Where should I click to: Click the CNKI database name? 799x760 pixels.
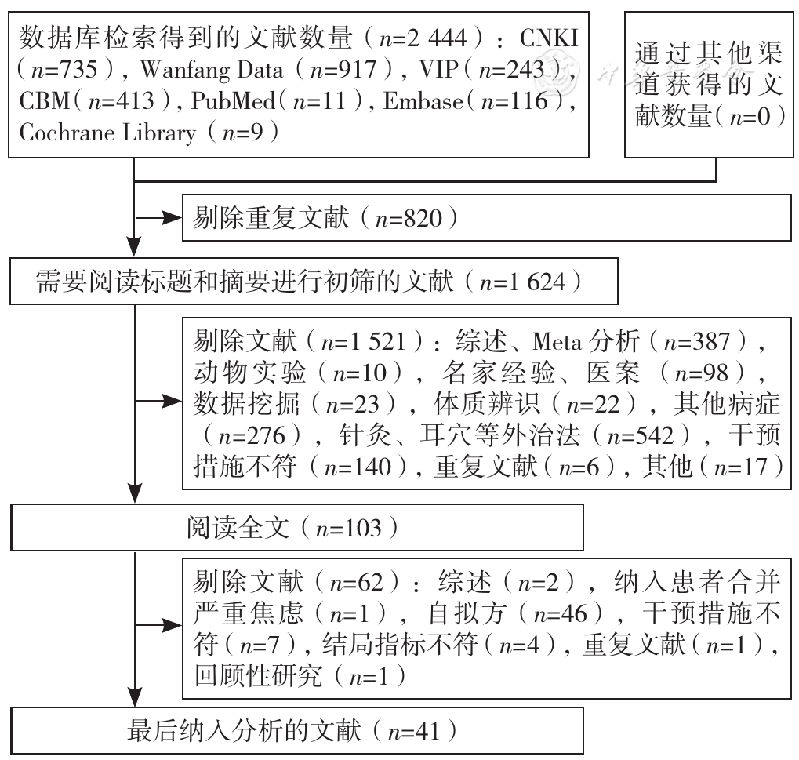[549, 38]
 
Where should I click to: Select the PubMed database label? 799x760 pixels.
[234, 101]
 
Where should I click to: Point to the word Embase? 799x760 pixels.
[423, 101]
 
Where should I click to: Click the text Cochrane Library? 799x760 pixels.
[107, 133]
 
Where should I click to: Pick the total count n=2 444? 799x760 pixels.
[423, 38]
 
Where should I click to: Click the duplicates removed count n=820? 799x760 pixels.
[409, 219]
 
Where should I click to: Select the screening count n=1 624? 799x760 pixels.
[523, 282]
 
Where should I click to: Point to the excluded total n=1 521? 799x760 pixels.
[363, 341]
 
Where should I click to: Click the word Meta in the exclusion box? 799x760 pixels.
[557, 341]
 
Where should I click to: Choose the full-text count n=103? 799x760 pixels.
[349, 529]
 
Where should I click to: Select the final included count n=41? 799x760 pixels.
[414, 732]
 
